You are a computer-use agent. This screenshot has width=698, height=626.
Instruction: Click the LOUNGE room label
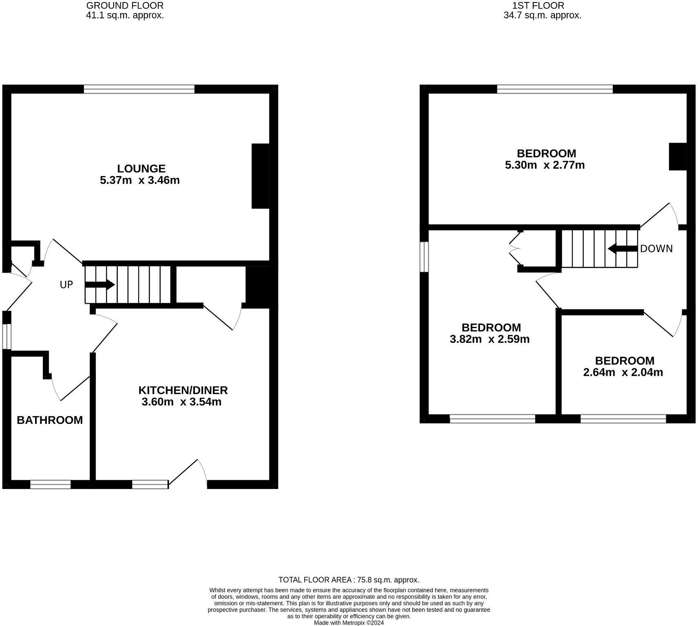pyautogui.click(x=141, y=169)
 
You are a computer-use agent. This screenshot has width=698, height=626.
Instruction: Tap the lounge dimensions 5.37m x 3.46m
pyautogui.click(x=140, y=180)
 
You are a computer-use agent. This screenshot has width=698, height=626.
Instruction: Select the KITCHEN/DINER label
pyautogui.click(x=183, y=390)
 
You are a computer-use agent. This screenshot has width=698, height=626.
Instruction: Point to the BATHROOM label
pyautogui.click(x=50, y=420)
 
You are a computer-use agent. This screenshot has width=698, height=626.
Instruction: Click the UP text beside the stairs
pyautogui.click(x=66, y=285)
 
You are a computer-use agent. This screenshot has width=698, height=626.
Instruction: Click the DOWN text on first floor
pyautogui.click(x=656, y=249)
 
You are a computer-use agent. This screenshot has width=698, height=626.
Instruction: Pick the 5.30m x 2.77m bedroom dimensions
pyautogui.click(x=545, y=165)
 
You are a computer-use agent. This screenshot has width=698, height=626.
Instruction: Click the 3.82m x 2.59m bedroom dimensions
pyautogui.click(x=490, y=339)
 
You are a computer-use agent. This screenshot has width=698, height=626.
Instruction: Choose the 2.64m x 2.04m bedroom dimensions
pyautogui.click(x=623, y=372)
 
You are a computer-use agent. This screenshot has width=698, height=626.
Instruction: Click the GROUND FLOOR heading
pyautogui.click(x=125, y=6)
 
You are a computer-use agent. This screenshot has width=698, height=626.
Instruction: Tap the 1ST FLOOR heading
pyautogui.click(x=539, y=6)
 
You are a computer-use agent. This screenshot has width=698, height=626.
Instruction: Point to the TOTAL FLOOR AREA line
pyautogui.click(x=349, y=580)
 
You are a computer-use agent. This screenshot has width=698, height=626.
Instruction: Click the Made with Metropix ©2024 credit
pyautogui.click(x=349, y=623)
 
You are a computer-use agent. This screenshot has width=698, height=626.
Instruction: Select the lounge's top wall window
pyautogui.click(x=139, y=89)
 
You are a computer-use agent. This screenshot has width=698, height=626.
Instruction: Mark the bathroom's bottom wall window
pyautogui.click(x=51, y=485)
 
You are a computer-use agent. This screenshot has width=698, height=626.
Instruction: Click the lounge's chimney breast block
pyautogui.click(x=261, y=176)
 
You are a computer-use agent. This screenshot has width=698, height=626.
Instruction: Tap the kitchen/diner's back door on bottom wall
pyautogui.click(x=188, y=475)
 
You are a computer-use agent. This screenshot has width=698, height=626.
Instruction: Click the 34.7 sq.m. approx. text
pyautogui.click(x=542, y=16)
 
